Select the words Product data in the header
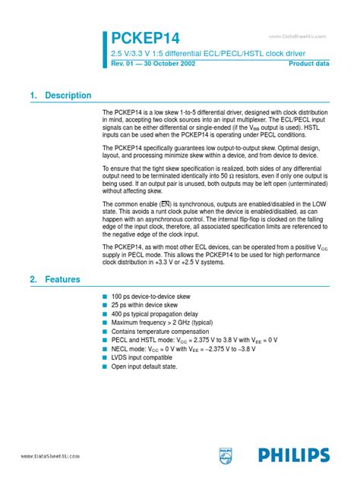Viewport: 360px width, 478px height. coord(309,64)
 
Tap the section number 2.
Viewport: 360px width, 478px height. coord(33,259)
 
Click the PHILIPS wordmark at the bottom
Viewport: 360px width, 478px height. coord(292,454)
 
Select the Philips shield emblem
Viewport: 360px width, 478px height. coord(226,454)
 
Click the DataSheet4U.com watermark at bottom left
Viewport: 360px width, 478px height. coord(43,455)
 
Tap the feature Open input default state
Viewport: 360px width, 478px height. coord(144,366)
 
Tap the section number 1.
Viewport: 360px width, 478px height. coord(33,96)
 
